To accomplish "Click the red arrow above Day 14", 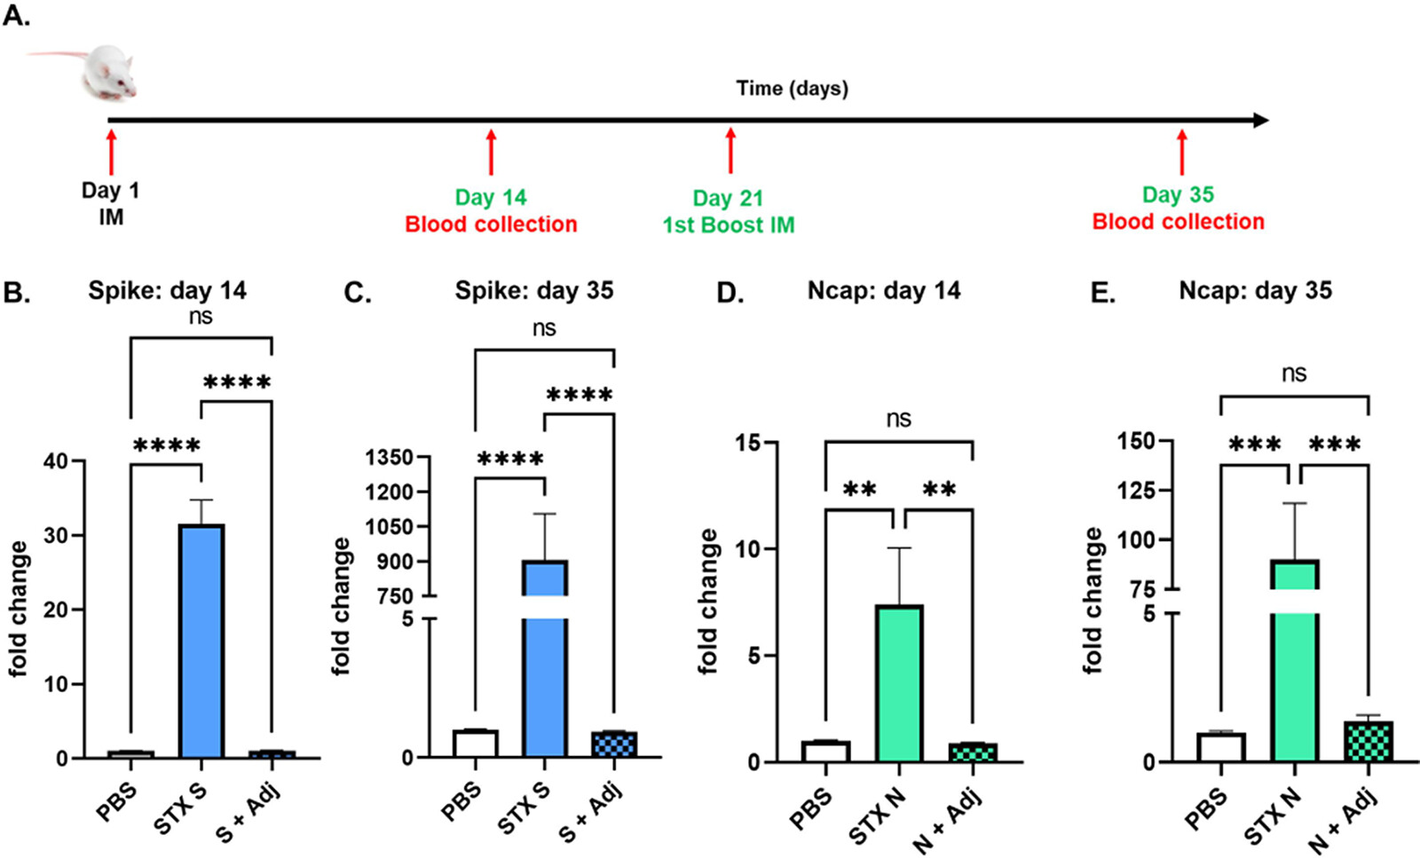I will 491,153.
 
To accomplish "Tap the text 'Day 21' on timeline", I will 728,198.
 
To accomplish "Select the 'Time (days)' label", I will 792,89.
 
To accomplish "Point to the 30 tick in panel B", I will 57,535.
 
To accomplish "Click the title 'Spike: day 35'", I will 534,291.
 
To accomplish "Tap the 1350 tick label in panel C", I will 390,458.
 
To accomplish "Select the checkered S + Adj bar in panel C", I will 614,744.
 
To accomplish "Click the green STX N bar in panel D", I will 900,683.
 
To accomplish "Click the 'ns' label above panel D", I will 898,419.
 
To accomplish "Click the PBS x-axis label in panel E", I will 1207,807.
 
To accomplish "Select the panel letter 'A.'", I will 15,15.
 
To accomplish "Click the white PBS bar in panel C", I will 475,744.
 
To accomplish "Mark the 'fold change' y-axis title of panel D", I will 708,602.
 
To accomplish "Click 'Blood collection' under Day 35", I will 1178,222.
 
